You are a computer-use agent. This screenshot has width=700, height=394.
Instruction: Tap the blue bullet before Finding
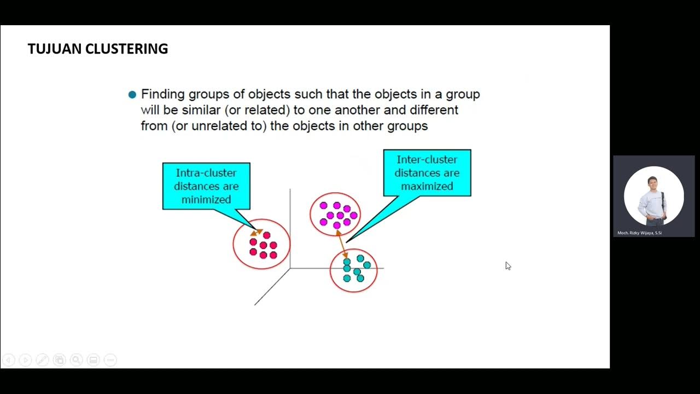tap(132, 95)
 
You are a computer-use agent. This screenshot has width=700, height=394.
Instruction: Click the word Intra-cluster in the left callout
tap(206, 173)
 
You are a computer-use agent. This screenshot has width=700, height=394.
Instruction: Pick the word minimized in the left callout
tap(206, 200)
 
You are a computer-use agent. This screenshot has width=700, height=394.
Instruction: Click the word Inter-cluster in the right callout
tap(427, 160)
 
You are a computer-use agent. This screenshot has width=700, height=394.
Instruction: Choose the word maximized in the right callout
tap(427, 187)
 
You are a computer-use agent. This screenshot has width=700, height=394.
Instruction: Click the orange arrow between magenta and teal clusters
tap(342, 244)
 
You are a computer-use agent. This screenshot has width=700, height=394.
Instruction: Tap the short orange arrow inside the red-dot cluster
tap(256, 231)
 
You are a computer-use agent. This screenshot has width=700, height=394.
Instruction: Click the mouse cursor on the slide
tap(507, 265)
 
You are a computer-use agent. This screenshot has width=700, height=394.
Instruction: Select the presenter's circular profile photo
tap(654, 196)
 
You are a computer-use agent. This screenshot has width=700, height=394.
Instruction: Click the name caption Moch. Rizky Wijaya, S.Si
tap(639, 233)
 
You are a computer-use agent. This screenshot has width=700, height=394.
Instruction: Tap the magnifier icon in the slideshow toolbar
tap(76, 360)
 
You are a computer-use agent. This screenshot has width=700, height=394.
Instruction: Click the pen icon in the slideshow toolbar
tap(42, 360)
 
